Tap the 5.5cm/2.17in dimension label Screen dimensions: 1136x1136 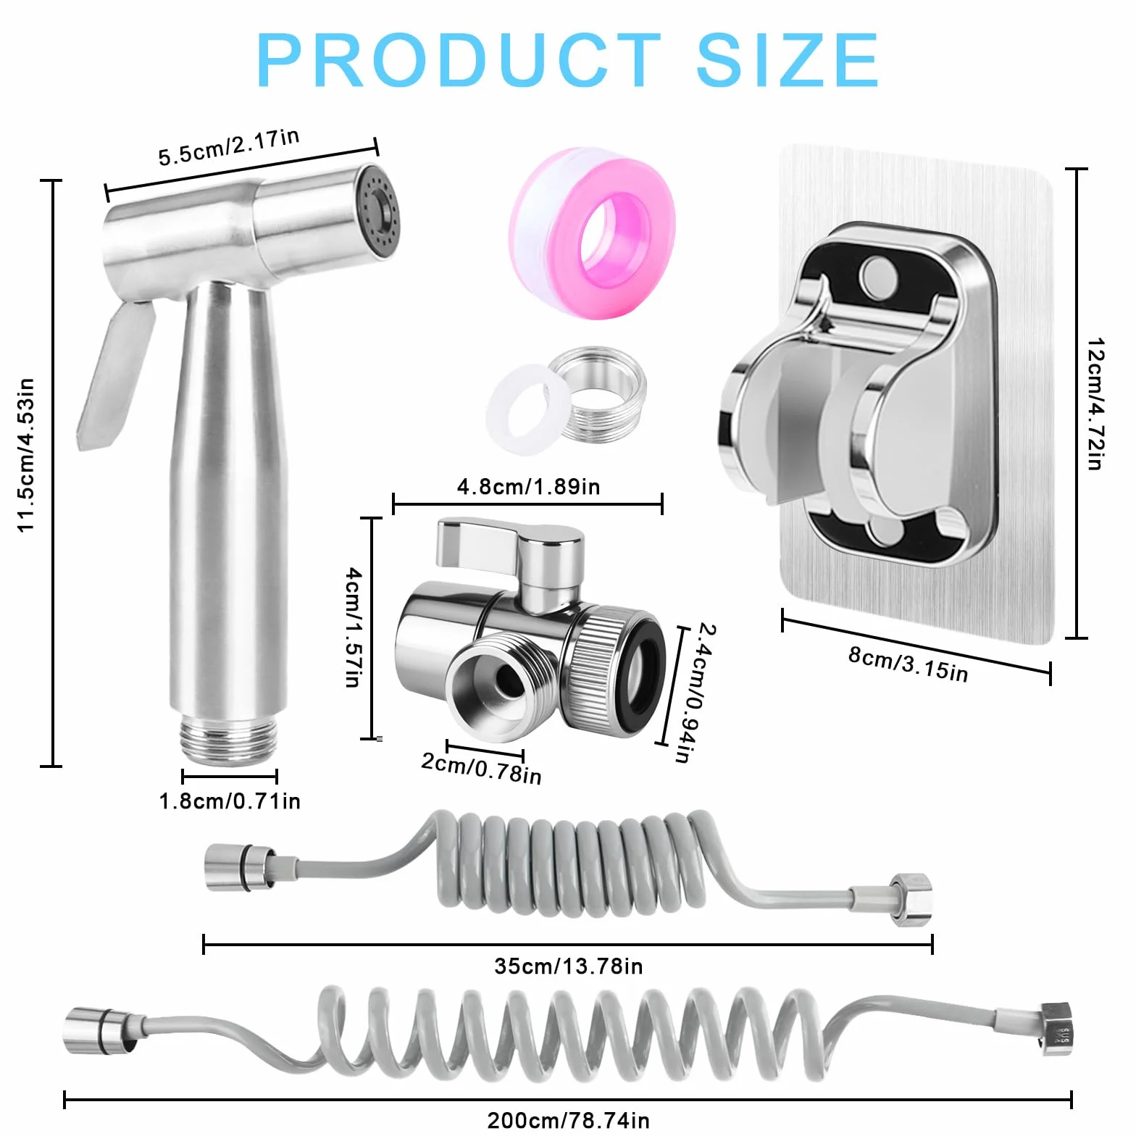228,146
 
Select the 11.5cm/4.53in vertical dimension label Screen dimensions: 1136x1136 26,455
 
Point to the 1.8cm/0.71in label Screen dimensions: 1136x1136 230,801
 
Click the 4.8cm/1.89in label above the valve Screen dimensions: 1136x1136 528,486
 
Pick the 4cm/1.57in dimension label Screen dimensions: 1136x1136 353,627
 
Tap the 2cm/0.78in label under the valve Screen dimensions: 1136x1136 482,768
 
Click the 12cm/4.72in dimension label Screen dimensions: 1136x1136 1095,404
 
